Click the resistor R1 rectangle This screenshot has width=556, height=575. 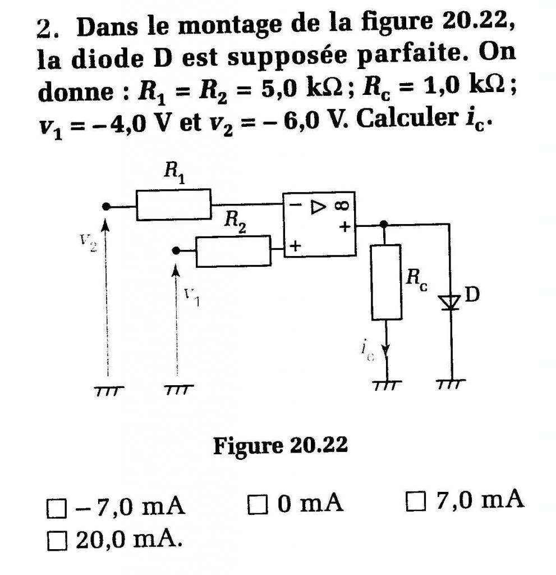173,205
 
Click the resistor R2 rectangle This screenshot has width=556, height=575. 233,251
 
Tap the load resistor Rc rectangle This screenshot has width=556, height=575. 386,282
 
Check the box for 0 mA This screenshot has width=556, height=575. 256,504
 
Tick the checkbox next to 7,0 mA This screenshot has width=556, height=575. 414,500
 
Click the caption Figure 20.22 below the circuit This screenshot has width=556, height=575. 280,446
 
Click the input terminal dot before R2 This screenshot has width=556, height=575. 176,251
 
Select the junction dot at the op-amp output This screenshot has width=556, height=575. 384,224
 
